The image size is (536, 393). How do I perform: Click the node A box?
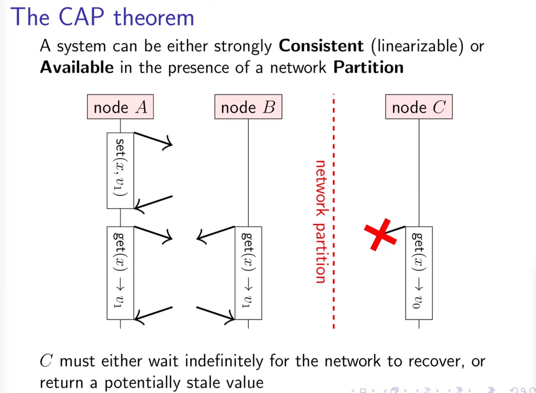coord(120,107)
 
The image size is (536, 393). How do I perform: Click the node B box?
coord(248,107)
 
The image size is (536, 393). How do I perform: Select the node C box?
coord(419,107)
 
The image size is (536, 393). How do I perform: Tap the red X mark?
coord(380,235)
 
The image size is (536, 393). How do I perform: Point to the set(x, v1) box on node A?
coord(120,171)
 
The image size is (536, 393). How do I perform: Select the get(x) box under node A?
coord(120,273)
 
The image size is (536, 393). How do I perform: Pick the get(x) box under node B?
coord(248,273)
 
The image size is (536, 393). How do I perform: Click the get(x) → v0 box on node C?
coord(419,273)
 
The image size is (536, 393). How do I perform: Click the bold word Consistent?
coord(321,46)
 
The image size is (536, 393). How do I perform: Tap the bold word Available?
coord(77,68)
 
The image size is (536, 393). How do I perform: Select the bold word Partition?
coord(368,68)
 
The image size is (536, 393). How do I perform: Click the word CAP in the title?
coord(81,17)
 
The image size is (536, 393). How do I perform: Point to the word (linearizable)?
coord(417,46)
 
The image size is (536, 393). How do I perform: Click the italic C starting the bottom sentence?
coord(46,361)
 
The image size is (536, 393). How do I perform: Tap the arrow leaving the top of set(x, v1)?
coord(153,139)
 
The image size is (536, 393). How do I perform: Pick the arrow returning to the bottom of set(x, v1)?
coord(153,203)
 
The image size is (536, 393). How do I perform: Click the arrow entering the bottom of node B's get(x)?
coord(216,314)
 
